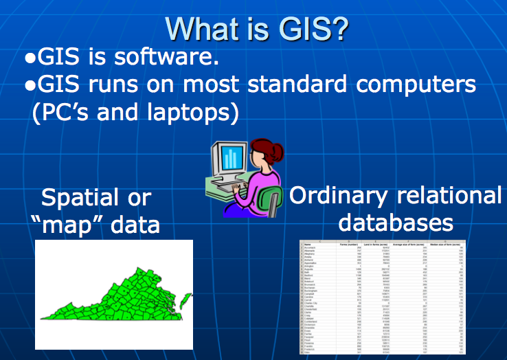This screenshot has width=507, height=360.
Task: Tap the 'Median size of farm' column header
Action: click(x=447, y=243)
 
